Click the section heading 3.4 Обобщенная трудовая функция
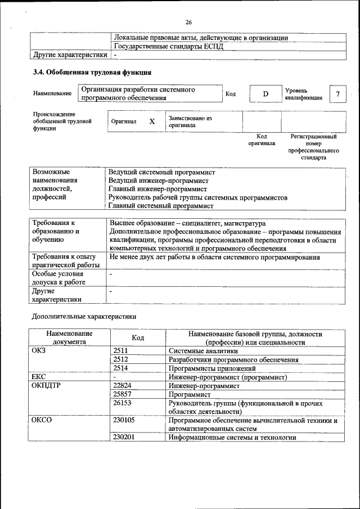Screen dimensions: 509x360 [x=92, y=73]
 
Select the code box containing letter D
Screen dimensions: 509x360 [x=265, y=93]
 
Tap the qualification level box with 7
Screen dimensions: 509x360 [x=337, y=93]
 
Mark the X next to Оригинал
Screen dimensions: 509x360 [x=152, y=121]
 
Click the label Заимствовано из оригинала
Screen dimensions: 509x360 [x=190, y=122]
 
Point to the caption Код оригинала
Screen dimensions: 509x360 [x=262, y=139]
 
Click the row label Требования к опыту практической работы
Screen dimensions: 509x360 [x=61, y=261]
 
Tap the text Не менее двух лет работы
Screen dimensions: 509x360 [x=214, y=257]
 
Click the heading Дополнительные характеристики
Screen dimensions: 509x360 [x=84, y=316]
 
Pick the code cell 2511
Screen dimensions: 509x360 [x=121, y=350]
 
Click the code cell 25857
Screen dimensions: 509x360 [x=123, y=395]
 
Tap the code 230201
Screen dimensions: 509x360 [x=124, y=438]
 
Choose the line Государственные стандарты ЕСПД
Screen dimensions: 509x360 [x=168, y=46]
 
